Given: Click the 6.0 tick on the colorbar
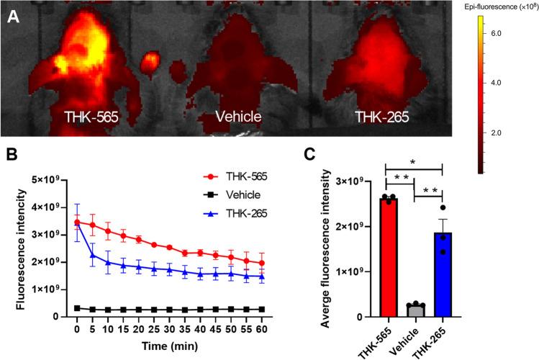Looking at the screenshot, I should pyautogui.click(x=496, y=34).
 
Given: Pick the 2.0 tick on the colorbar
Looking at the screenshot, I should pyautogui.click(x=496, y=134).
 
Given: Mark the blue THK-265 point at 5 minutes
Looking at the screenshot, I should pyautogui.click(x=92, y=255).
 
